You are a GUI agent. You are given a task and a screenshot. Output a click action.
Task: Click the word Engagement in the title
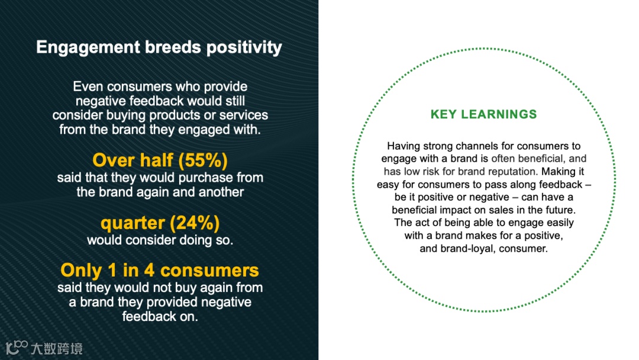coord(88,48)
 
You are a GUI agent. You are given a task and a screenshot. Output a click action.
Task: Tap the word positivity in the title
coord(244,48)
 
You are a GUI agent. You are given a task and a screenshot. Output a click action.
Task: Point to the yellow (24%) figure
coord(195,223)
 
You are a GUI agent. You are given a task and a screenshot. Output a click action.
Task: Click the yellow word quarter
coord(133,224)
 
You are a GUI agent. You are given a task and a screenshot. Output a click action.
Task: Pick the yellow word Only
coord(82,271)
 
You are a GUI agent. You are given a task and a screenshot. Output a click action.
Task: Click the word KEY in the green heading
coord(443,114)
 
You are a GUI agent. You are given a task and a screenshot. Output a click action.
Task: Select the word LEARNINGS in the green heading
coord(499,114)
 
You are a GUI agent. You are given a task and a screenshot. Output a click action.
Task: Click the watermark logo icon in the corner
coord(17,348)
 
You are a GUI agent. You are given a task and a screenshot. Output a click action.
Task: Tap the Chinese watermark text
coord(57,349)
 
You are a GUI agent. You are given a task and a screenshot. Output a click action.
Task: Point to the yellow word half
coord(156,160)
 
